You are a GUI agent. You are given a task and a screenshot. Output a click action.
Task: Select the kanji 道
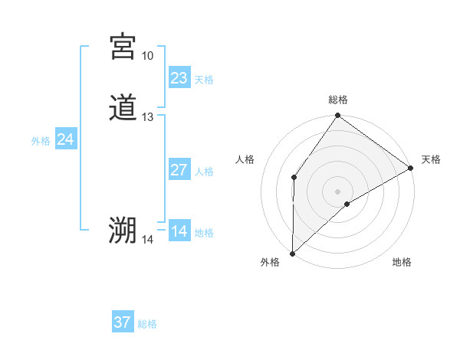point(123,107)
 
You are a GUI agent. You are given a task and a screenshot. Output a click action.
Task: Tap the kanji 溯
point(123,230)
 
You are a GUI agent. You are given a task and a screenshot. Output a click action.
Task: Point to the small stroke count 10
point(147,56)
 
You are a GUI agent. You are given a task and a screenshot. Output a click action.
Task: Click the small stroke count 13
point(147,117)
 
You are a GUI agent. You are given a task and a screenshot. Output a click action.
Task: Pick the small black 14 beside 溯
point(147,240)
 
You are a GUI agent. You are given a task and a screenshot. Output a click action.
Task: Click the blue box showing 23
point(179,78)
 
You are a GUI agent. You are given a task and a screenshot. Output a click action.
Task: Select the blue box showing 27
point(179,170)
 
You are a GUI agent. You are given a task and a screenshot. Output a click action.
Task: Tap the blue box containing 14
point(179,231)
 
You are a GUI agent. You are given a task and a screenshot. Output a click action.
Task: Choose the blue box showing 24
point(66,139)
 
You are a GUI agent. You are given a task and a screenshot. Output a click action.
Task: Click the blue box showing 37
point(122,322)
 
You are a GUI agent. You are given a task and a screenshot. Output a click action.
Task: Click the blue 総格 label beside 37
point(147,324)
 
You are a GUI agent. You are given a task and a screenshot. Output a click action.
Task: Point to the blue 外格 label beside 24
point(41,141)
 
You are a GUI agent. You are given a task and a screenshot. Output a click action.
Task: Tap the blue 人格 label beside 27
point(204,172)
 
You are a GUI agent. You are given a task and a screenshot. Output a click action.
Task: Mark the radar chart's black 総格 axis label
point(338,100)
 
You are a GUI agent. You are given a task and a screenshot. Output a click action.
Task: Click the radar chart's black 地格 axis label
point(402,263)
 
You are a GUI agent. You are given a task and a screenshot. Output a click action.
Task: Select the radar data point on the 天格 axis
point(411,169)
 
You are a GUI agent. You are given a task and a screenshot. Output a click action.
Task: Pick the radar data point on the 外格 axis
point(292,253)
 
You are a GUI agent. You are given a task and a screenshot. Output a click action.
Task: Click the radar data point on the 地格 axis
point(347,204)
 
